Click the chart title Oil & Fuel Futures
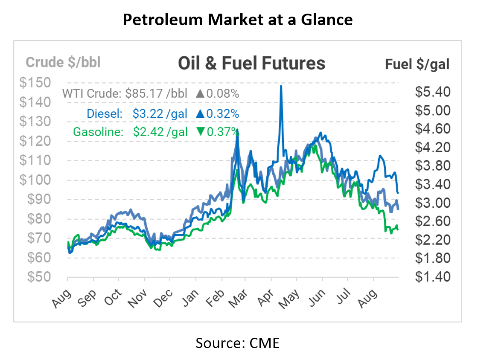[x=251, y=63]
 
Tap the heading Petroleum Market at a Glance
[x=238, y=20]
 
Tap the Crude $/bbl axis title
[x=63, y=63]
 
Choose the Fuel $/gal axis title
[x=417, y=64]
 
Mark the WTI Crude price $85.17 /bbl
[x=156, y=93]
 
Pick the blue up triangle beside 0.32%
[x=200, y=114]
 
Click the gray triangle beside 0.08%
[x=200, y=93]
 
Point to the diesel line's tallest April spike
[x=281, y=87]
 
